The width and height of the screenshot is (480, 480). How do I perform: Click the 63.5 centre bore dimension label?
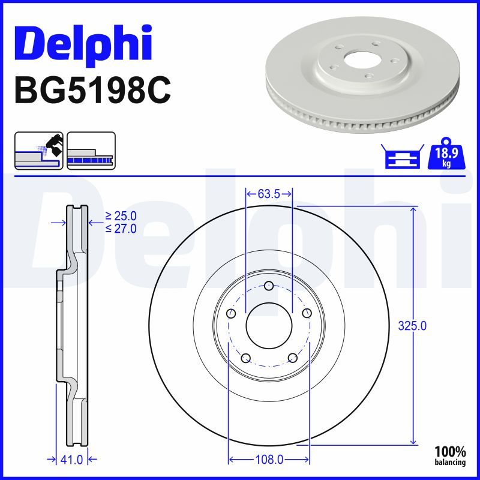269,194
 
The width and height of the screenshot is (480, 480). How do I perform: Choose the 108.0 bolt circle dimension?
269,460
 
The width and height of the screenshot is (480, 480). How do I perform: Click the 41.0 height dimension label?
72,460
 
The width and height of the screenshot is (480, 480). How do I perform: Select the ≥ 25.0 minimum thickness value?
121,215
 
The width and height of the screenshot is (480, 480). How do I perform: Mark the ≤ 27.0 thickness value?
121,228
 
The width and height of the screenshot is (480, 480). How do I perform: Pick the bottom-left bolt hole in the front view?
245,358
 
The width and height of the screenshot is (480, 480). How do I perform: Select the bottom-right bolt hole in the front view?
293,358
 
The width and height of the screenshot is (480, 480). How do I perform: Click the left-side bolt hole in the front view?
231,313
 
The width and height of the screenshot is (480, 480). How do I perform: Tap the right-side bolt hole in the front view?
307,313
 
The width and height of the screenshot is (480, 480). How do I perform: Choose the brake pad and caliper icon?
39,151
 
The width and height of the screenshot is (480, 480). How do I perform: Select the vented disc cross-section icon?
91,151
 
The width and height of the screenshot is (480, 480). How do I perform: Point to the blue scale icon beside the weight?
402,157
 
